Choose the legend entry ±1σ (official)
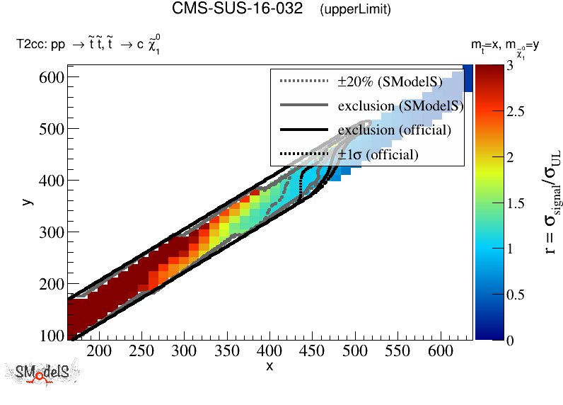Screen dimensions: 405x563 [378, 154]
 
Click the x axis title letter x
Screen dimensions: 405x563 [269, 366]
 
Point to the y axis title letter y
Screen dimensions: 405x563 [27, 202]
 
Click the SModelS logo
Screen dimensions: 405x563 [42, 373]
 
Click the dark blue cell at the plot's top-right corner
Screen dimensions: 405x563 [468, 78]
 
